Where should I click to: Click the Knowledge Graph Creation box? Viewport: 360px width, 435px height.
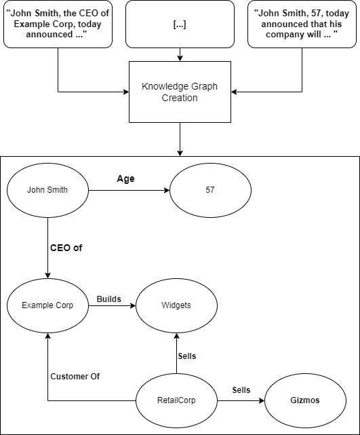click(x=180, y=92)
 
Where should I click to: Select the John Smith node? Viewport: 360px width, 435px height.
click(x=47, y=190)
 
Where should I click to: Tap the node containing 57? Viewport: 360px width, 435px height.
click(x=210, y=190)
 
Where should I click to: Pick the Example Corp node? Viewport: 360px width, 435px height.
click(x=47, y=305)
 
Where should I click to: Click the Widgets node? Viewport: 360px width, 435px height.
click(x=176, y=305)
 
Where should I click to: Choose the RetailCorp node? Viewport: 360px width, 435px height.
click(x=176, y=400)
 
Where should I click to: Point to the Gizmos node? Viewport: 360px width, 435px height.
click(x=305, y=400)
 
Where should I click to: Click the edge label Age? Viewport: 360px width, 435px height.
click(x=126, y=178)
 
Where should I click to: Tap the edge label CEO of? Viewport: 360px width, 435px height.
click(x=66, y=248)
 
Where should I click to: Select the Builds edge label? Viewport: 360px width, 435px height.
click(x=109, y=299)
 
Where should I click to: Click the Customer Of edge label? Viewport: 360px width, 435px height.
click(x=75, y=377)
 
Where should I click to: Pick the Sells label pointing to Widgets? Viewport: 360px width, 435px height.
click(x=187, y=356)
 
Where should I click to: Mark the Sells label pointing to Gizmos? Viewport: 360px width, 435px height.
click(x=241, y=390)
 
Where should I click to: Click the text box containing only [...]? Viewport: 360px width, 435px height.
click(x=180, y=24)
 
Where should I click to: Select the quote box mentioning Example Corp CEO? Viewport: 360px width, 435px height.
click(x=58, y=24)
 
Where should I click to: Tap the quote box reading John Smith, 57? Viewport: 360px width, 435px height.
click(x=302, y=24)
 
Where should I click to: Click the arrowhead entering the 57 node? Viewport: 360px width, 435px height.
click(x=167, y=190)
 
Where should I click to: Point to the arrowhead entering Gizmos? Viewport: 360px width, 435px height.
click(x=262, y=400)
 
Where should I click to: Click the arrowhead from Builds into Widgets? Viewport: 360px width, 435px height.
click(x=133, y=305)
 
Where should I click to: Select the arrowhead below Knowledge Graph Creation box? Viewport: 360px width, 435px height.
click(x=180, y=153)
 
